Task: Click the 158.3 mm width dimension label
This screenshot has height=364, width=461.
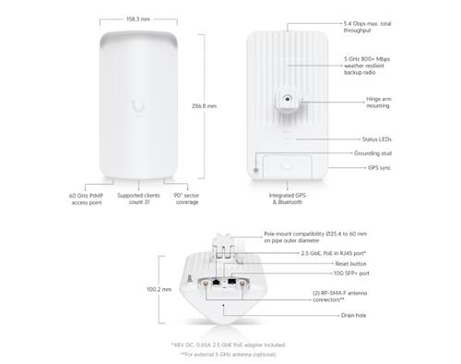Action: tap(138, 19)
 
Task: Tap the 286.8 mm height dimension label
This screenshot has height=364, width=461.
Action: tap(204, 106)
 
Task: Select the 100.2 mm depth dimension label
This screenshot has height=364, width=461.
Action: tap(159, 289)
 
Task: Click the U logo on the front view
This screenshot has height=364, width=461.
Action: tap(138, 106)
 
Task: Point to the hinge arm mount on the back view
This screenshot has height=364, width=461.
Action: tap(287, 99)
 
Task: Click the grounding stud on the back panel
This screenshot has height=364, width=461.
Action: tap(256, 170)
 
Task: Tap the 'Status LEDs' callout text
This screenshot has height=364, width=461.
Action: tap(376, 140)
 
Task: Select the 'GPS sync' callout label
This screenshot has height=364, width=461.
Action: tap(379, 168)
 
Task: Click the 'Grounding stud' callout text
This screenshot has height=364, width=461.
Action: tap(372, 153)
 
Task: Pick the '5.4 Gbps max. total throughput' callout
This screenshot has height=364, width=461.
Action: tap(367, 27)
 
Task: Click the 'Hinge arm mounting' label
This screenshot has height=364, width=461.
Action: tap(378, 103)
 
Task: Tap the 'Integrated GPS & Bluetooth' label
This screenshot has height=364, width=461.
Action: tap(288, 199)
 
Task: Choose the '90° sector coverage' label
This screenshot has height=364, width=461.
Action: tap(186, 199)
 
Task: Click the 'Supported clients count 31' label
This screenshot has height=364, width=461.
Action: tap(138, 199)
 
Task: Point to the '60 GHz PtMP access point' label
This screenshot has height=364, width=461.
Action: tap(87, 200)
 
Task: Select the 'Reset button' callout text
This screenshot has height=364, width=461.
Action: tap(350, 264)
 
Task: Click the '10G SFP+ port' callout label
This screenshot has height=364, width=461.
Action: tap(351, 273)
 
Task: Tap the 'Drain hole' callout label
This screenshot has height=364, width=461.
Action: tap(353, 315)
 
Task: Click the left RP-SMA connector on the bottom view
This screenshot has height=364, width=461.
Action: tap(206, 284)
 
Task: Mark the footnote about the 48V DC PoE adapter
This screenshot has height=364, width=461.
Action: tap(229, 345)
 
